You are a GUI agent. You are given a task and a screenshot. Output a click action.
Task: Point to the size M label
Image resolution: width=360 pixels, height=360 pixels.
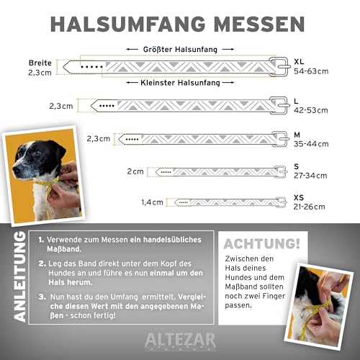coord(299,132)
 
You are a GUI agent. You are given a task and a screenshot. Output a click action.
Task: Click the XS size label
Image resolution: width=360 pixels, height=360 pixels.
coord(301,196)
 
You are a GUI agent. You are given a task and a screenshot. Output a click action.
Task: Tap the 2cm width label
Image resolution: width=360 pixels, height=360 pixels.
coord(135,171)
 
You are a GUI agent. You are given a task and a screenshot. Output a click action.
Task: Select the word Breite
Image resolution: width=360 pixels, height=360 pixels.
coord(40,62)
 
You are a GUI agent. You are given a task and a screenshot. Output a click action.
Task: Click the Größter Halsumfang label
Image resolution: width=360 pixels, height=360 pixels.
coord(176,49)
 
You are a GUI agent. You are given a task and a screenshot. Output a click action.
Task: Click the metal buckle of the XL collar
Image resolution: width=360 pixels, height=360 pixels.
coord(278,66)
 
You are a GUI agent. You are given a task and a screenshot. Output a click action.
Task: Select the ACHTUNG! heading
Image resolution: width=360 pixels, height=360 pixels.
coord(262,244)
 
